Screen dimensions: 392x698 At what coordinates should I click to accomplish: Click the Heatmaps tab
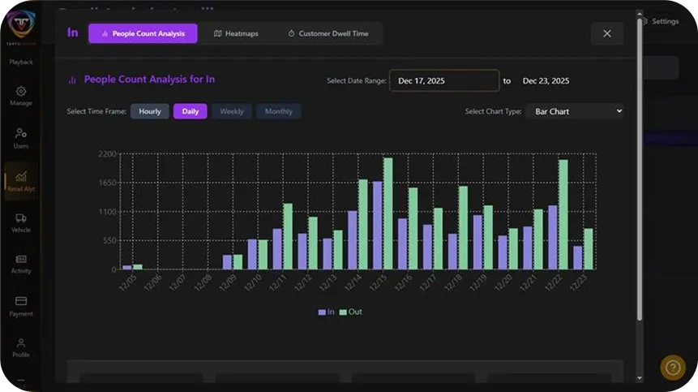point(236,33)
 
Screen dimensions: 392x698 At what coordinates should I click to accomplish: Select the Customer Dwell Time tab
point(328,33)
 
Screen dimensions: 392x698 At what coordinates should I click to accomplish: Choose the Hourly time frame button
point(150,111)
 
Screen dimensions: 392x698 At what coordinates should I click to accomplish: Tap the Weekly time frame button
point(232,111)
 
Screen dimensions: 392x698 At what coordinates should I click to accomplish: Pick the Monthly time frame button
point(278,111)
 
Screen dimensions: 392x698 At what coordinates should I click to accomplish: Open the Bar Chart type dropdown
point(574,111)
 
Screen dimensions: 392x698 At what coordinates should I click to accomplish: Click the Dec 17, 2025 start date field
point(444,80)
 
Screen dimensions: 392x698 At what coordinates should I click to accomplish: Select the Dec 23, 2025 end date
point(546,80)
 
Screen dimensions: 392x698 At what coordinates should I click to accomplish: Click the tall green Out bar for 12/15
point(388,213)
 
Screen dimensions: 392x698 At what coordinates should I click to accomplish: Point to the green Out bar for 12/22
point(563,214)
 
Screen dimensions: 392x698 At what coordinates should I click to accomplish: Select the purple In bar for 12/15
point(377,226)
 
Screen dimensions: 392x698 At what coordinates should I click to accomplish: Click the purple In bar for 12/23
point(578,257)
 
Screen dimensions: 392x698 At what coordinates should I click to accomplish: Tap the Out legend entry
point(351,312)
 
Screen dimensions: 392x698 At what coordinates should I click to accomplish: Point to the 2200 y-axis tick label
point(107,154)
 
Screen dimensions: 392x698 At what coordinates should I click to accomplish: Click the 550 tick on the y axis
point(109,240)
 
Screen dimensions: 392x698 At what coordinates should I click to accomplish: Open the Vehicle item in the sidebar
point(21,222)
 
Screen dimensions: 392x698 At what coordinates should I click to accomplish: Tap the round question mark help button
point(672,368)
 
